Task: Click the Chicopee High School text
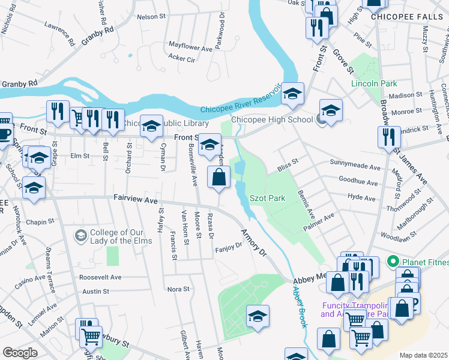(271, 119)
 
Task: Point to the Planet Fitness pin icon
(394, 261)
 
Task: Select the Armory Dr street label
(253, 242)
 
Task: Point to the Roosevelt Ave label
(100, 277)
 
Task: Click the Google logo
(20, 353)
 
